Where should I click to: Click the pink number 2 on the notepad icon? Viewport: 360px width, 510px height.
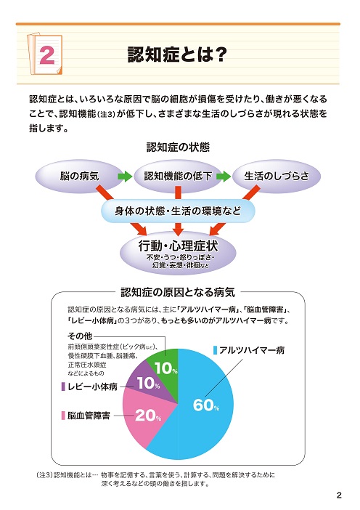coord(47,54)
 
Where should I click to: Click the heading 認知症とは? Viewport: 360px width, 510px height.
coord(177,54)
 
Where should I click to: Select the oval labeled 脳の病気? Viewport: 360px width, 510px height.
coord(79,177)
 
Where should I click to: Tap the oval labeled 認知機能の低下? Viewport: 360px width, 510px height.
coord(178,177)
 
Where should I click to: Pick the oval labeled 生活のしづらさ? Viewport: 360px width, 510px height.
coord(277,177)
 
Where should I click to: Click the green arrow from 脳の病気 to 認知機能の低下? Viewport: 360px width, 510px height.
coord(125,177)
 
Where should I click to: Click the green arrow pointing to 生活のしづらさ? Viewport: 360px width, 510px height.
coord(224,177)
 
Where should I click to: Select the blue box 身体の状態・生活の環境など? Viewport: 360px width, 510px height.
coord(178,211)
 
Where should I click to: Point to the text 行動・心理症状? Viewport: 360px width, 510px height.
coord(178,246)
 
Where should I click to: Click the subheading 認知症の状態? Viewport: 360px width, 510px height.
coord(178,147)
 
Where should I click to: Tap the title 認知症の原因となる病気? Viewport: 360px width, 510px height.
coord(178,292)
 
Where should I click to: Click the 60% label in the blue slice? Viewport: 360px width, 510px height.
coord(206,405)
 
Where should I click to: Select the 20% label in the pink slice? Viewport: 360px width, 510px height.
coord(148,416)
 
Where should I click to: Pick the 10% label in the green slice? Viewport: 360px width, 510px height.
coord(165,368)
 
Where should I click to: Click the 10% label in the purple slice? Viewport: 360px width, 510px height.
coord(149,383)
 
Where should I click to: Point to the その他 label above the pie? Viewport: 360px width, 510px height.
coord(80,336)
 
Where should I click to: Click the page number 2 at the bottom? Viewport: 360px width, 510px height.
coord(339,495)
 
